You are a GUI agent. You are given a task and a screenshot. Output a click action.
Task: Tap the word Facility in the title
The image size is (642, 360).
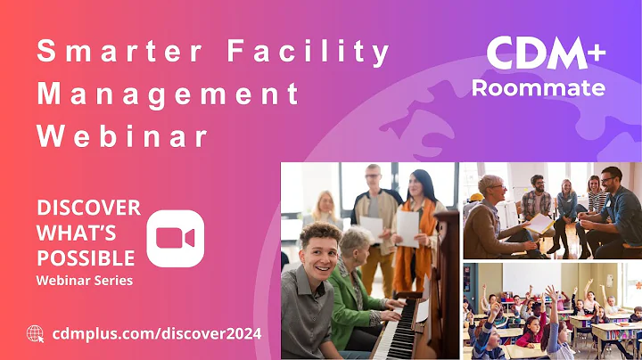coord(309,53)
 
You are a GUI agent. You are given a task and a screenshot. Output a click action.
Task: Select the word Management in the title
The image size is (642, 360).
coord(168,94)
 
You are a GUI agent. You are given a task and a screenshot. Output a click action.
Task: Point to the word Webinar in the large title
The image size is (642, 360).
coord(122,136)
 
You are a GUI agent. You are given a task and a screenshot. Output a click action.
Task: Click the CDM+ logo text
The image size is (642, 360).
coord(546,55)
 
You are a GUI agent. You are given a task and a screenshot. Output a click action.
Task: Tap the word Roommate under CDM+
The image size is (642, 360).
coord(539,88)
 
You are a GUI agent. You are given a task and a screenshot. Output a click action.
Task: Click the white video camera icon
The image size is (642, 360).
coord(176,238)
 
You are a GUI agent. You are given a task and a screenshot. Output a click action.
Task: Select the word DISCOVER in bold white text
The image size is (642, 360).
coord(88,208)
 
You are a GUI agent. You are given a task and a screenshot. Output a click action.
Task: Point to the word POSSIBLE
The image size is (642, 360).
coord(86,258)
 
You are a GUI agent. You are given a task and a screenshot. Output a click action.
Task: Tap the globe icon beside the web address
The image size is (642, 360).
coord(36,333)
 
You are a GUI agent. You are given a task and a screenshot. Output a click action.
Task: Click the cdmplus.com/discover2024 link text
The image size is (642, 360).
coord(157,333)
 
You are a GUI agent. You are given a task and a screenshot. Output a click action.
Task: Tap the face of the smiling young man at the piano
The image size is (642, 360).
coord(318,250)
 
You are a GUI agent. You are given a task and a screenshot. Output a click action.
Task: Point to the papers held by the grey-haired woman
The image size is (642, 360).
coord(537,223)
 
